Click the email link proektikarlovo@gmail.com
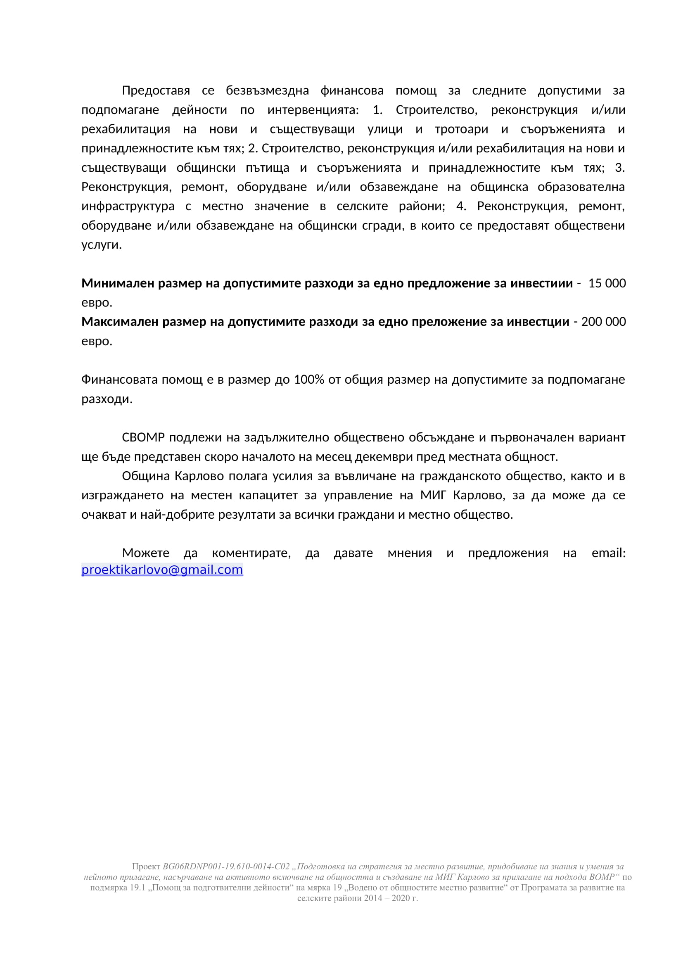162,570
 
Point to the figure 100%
309,380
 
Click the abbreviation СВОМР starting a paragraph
143,437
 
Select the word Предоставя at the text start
156,90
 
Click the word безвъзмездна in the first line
268,90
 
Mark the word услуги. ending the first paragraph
101,245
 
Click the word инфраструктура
128,206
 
